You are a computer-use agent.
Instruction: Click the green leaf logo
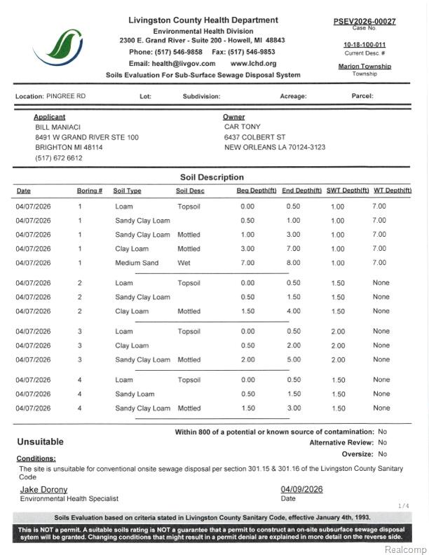click(x=62, y=46)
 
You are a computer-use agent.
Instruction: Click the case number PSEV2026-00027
click(x=364, y=21)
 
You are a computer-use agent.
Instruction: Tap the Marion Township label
click(x=365, y=67)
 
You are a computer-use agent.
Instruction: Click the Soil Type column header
click(x=127, y=191)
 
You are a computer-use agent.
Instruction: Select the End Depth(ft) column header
click(x=301, y=191)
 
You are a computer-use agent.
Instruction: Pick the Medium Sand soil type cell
click(x=137, y=263)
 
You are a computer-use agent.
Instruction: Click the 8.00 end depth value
click(x=293, y=263)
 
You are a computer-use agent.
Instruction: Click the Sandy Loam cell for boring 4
click(x=135, y=394)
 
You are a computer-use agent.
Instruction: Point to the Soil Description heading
click(x=212, y=177)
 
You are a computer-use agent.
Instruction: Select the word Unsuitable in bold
click(x=40, y=442)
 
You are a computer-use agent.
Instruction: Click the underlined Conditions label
click(x=36, y=458)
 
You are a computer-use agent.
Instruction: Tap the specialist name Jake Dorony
click(x=43, y=489)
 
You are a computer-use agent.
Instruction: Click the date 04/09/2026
click(x=301, y=489)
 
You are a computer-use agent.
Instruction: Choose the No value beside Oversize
click(x=382, y=454)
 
